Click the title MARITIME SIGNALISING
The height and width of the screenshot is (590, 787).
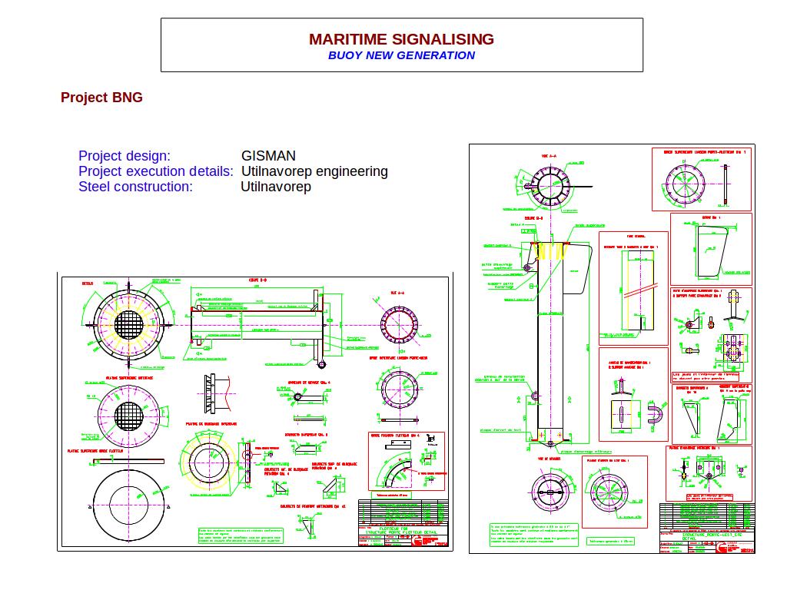coord(401,39)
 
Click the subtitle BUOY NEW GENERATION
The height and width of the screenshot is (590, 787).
coord(401,55)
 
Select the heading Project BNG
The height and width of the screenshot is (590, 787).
coord(101,98)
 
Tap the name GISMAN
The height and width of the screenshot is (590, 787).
coord(268,156)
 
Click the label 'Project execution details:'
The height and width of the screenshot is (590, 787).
coord(156,171)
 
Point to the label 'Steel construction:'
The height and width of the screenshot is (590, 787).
coord(135,187)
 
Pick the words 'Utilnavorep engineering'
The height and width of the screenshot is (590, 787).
coord(314,171)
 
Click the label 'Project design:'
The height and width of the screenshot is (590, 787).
coord(125,156)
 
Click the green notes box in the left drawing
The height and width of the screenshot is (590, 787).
coord(240,535)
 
